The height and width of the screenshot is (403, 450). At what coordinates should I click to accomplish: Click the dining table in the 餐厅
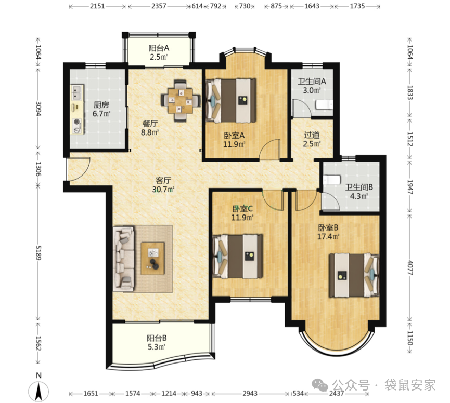pyautogui.click(x=180, y=101)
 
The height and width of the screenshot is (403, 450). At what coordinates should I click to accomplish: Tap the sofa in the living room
pyautogui.click(x=124, y=259)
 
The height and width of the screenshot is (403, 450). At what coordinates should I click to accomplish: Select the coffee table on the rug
pyautogui.click(x=152, y=258)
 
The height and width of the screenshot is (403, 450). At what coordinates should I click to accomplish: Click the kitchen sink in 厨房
pyautogui.click(x=77, y=92)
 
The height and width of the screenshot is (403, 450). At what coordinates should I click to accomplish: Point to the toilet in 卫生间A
pyautogui.click(x=324, y=104)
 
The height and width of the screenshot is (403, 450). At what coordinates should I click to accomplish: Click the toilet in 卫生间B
pyautogui.click(x=332, y=180)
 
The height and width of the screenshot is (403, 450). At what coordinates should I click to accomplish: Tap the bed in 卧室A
pyautogui.click(x=231, y=100)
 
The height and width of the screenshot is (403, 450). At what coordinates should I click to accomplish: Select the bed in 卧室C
pyautogui.click(x=238, y=257)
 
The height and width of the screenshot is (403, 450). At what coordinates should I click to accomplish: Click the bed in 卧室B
pyautogui.click(x=354, y=275)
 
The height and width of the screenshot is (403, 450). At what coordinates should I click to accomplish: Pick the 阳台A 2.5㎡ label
pyautogui.click(x=159, y=52)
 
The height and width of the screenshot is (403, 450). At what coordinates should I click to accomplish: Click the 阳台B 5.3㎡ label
pyautogui.click(x=157, y=343)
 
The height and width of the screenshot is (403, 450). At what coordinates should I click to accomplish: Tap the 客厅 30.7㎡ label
pyautogui.click(x=163, y=185)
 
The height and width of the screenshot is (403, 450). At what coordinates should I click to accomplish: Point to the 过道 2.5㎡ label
pyautogui.click(x=312, y=139)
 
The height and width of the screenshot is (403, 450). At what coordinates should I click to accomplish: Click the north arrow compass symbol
pyautogui.click(x=38, y=391)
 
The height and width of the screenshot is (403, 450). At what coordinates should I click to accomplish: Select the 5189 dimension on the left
pyautogui.click(x=38, y=252)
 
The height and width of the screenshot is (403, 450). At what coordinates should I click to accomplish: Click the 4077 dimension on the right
pyautogui.click(x=410, y=267)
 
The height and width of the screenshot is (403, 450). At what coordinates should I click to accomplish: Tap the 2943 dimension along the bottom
pyautogui.click(x=250, y=394)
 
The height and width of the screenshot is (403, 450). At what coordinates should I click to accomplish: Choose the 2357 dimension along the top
pyautogui.click(x=159, y=6)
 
